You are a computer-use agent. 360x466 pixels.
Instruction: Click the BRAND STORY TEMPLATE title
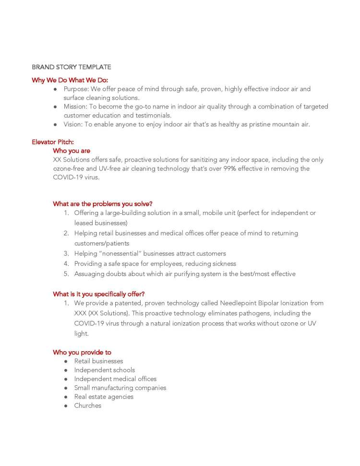coord(71,67)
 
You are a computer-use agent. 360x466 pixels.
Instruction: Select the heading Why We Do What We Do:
coord(70,80)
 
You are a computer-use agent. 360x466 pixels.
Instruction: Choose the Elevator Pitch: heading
coord(53,142)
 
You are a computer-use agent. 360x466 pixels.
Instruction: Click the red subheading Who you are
coord(72,151)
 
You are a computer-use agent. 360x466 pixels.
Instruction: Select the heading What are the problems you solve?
coord(103,204)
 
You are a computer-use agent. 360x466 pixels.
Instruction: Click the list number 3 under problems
coord(66,254)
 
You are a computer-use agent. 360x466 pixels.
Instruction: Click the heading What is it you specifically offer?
coord(98,294)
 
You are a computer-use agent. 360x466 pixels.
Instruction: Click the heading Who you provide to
coord(82,352)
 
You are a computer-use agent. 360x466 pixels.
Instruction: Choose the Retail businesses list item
coord(98,361)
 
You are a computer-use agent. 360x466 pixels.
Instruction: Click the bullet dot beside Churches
coord(65,406)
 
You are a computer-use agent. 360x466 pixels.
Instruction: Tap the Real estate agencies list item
coord(104,397)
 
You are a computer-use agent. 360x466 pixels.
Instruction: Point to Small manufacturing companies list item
coord(120,388)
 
